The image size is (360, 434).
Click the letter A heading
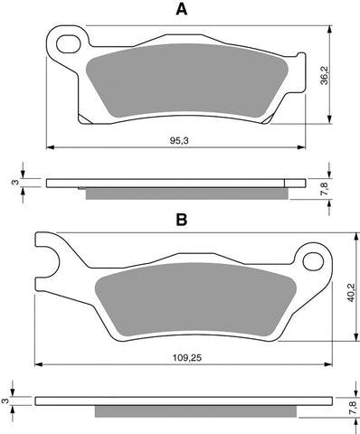tap(181, 11)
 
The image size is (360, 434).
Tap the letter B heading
tap(181, 219)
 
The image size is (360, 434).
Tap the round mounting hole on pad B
tap(313, 263)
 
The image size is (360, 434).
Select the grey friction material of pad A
tap(181, 86)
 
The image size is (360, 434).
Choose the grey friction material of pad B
tap(181, 298)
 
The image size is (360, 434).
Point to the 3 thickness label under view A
tap(12, 182)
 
